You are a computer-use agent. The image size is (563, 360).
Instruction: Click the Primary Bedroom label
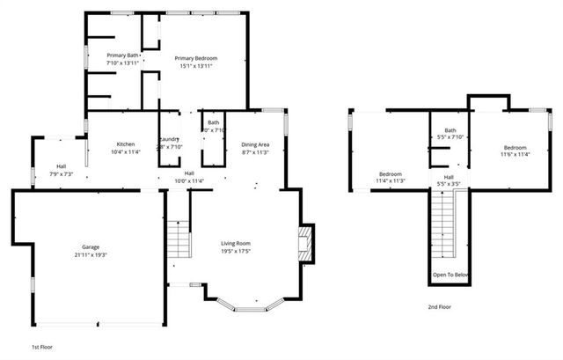click(x=195, y=58)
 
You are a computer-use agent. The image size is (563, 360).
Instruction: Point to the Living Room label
click(x=236, y=243)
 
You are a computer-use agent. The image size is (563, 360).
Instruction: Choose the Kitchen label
click(x=125, y=143)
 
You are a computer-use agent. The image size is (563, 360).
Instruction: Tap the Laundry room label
click(x=169, y=140)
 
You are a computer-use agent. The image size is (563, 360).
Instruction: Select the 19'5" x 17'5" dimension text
click(x=236, y=251)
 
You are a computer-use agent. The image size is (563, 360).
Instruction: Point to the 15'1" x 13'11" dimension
click(x=195, y=66)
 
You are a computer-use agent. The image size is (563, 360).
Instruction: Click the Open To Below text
click(x=450, y=275)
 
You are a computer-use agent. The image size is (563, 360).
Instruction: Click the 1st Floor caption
click(x=42, y=348)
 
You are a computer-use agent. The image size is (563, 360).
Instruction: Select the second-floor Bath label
click(x=450, y=130)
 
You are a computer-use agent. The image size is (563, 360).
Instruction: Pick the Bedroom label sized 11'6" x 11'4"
click(x=515, y=147)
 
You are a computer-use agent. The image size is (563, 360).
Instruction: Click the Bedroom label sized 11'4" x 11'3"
click(x=391, y=173)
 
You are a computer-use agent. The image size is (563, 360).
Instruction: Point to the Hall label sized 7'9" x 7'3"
click(x=61, y=166)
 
